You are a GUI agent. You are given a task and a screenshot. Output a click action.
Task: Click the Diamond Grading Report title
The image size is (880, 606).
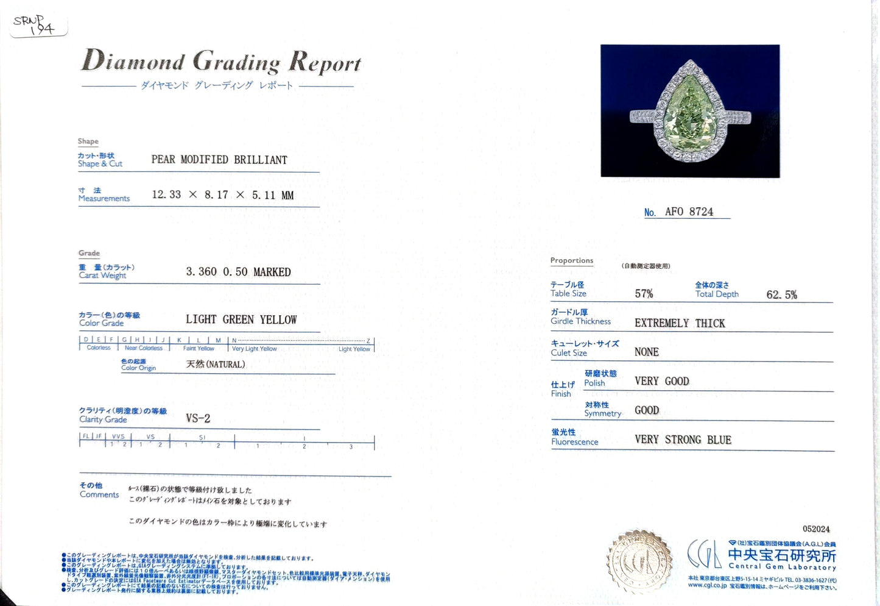pyautogui.click(x=221, y=62)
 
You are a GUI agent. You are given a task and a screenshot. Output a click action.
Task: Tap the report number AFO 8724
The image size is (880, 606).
pyautogui.click(x=689, y=212)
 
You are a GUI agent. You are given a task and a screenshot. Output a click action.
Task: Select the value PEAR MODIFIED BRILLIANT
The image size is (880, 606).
pyautogui.click(x=219, y=160)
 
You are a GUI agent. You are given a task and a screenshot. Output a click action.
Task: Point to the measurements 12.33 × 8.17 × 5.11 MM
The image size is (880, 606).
pyautogui.click(x=222, y=195)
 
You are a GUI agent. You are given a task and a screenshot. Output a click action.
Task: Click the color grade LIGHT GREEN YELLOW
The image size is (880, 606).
pyautogui.click(x=241, y=319)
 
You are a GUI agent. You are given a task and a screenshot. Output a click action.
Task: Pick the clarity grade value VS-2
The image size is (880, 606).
pyautogui.click(x=198, y=418)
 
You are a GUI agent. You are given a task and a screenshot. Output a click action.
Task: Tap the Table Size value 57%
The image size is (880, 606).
pyautogui.click(x=644, y=294)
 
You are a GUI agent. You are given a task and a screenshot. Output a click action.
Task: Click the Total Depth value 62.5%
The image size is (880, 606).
pyautogui.click(x=781, y=295)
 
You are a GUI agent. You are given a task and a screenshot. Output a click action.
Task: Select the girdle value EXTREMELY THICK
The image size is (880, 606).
pyautogui.click(x=680, y=323)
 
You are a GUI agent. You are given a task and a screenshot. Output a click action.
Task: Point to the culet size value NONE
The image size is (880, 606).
pyautogui.click(x=646, y=352)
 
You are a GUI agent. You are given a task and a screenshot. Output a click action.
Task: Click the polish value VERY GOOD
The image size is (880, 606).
pyautogui.click(x=661, y=381)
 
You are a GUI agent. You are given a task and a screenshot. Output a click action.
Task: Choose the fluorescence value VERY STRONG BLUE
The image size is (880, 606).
pyautogui.click(x=683, y=440)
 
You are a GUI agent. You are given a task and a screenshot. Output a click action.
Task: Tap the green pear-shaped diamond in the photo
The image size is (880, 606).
pyautogui.click(x=688, y=116)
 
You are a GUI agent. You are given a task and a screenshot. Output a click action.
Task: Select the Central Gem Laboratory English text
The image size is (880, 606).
pyautogui.click(x=782, y=567)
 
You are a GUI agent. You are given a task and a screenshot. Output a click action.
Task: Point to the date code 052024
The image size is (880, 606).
pyautogui.click(x=816, y=529)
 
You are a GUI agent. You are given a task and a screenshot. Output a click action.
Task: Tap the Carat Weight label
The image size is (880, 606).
pyautogui.click(x=102, y=276)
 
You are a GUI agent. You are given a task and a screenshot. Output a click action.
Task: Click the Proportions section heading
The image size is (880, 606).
pyautogui.click(x=571, y=260)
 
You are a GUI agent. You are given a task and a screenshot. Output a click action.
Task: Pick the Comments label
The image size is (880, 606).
pyautogui.click(x=99, y=494)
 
